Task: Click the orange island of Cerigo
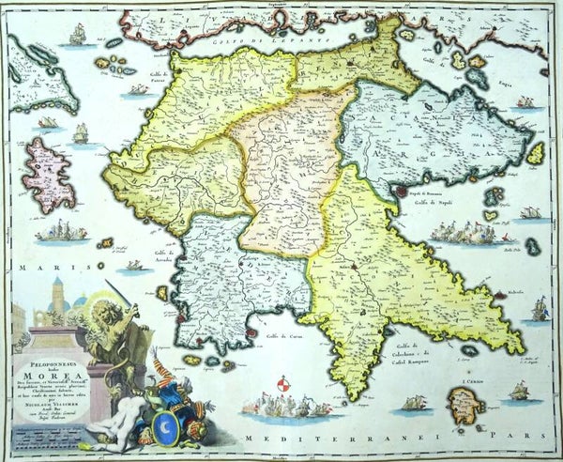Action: point(464,405)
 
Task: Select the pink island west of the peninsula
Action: point(48,175)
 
